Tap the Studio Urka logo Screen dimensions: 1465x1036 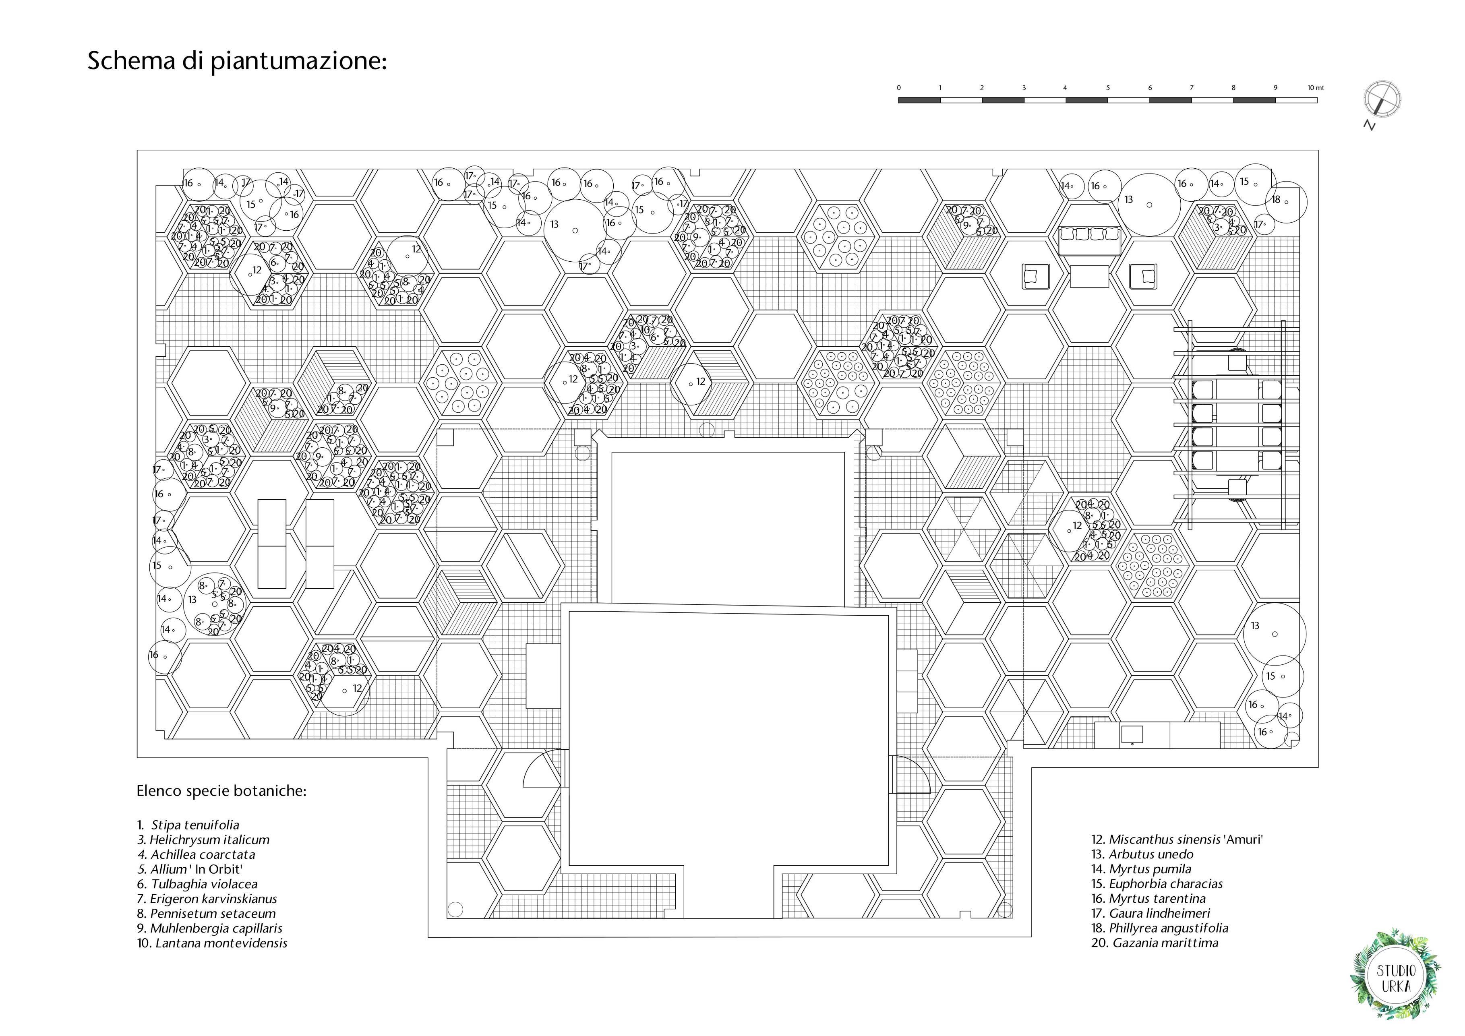[1395, 978]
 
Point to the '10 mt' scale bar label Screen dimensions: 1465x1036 [1315, 87]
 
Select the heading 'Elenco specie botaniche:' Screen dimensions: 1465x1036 [221, 791]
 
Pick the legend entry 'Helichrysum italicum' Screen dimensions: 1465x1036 [203, 840]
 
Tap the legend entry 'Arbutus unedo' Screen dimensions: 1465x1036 [1142, 854]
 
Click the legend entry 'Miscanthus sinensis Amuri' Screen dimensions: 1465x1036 [1177, 840]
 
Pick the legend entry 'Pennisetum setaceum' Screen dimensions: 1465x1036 [206, 914]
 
